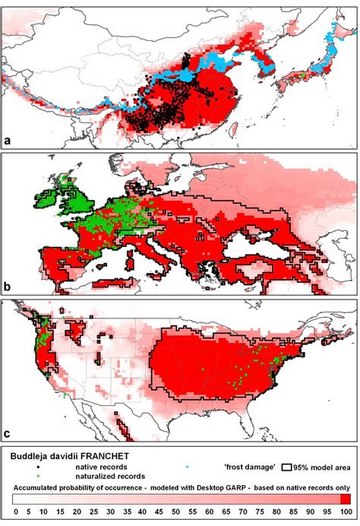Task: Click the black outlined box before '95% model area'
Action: tap(287, 465)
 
